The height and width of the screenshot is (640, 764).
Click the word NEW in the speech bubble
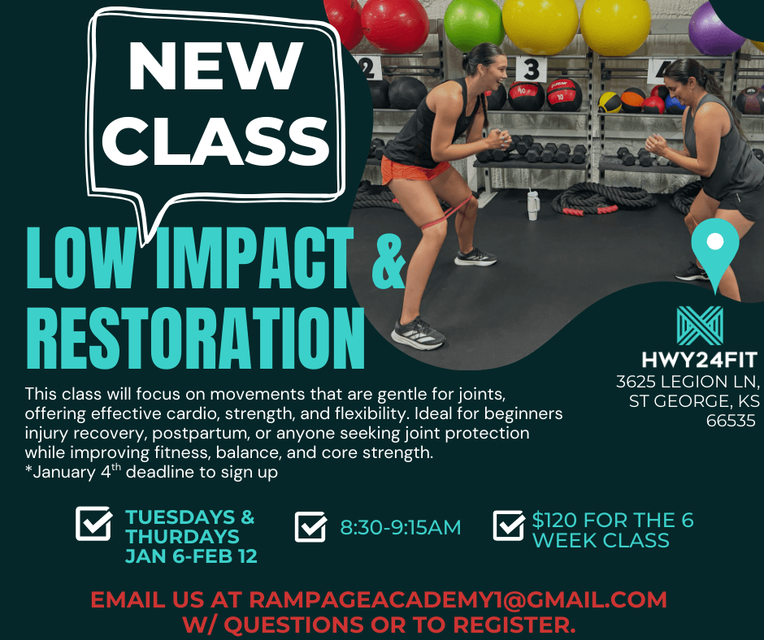point(215,66)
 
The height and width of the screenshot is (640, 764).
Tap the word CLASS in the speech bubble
point(215,141)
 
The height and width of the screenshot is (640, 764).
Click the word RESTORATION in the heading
point(195,339)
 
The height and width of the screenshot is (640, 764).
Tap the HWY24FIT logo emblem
point(700,326)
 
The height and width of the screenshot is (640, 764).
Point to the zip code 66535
point(731,421)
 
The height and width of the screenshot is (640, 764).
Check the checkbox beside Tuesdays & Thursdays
point(93,523)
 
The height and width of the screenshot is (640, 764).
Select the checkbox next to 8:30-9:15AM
point(310,526)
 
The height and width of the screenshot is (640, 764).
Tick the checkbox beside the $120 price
point(509,525)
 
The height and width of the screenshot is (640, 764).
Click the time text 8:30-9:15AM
point(400,527)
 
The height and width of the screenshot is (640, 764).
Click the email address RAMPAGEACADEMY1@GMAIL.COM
point(458,599)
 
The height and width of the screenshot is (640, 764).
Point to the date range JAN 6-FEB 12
point(191,556)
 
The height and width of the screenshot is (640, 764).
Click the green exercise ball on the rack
point(474,24)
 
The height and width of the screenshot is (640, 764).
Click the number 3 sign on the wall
point(531,70)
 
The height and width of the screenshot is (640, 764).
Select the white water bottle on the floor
point(532,205)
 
